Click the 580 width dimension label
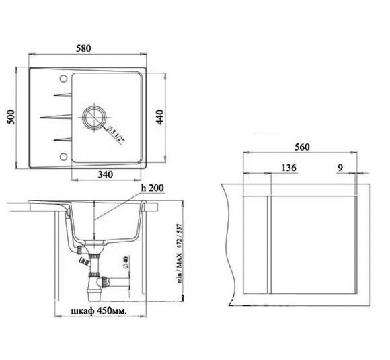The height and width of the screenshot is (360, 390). click(x=83, y=48)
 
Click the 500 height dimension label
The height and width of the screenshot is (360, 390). click(x=11, y=117)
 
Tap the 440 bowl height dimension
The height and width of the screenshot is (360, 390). click(x=159, y=117)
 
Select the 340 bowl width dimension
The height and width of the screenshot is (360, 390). click(x=105, y=174)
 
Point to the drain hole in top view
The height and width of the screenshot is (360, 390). click(x=95, y=117)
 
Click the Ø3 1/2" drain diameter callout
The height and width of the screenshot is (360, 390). click(x=115, y=134)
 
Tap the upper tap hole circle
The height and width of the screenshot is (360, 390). click(x=64, y=79)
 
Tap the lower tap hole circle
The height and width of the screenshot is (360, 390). click(x=64, y=157)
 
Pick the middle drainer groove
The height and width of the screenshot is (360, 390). click(x=56, y=117)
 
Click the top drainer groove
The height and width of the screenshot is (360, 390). click(x=63, y=95)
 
